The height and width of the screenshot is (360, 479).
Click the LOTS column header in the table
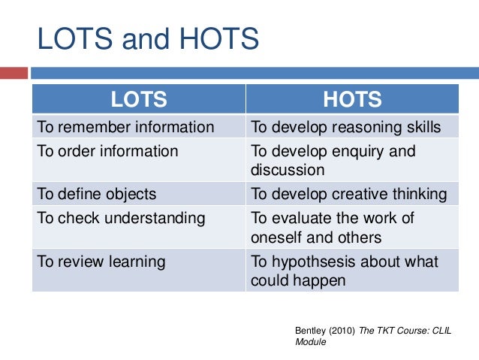click(139, 99)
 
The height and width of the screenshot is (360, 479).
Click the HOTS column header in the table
click(352, 99)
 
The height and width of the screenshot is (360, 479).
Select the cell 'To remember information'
click(125, 126)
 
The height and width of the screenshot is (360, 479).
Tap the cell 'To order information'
click(108, 151)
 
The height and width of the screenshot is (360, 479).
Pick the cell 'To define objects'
click(97, 194)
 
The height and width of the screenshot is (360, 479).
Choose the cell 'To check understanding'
click(121, 219)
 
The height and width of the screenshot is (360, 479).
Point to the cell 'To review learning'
click(101, 262)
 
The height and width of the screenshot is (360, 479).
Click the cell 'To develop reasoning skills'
click(346, 126)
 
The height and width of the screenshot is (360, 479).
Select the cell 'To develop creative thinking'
click(349, 194)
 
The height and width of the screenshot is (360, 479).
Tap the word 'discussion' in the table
click(288, 170)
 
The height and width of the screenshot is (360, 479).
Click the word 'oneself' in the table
click(278, 237)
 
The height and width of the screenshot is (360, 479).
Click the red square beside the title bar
click(14, 74)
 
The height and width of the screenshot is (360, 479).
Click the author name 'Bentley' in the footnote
click(309, 330)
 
